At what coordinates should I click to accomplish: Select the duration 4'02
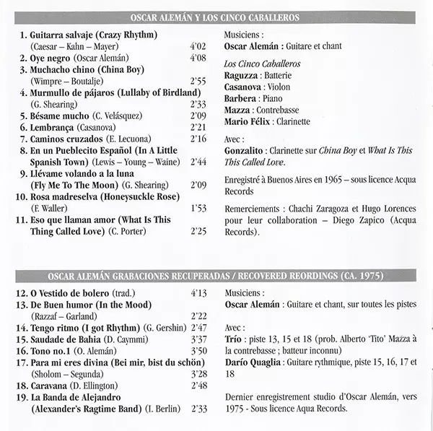point(197,46)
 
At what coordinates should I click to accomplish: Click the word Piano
point(274,98)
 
